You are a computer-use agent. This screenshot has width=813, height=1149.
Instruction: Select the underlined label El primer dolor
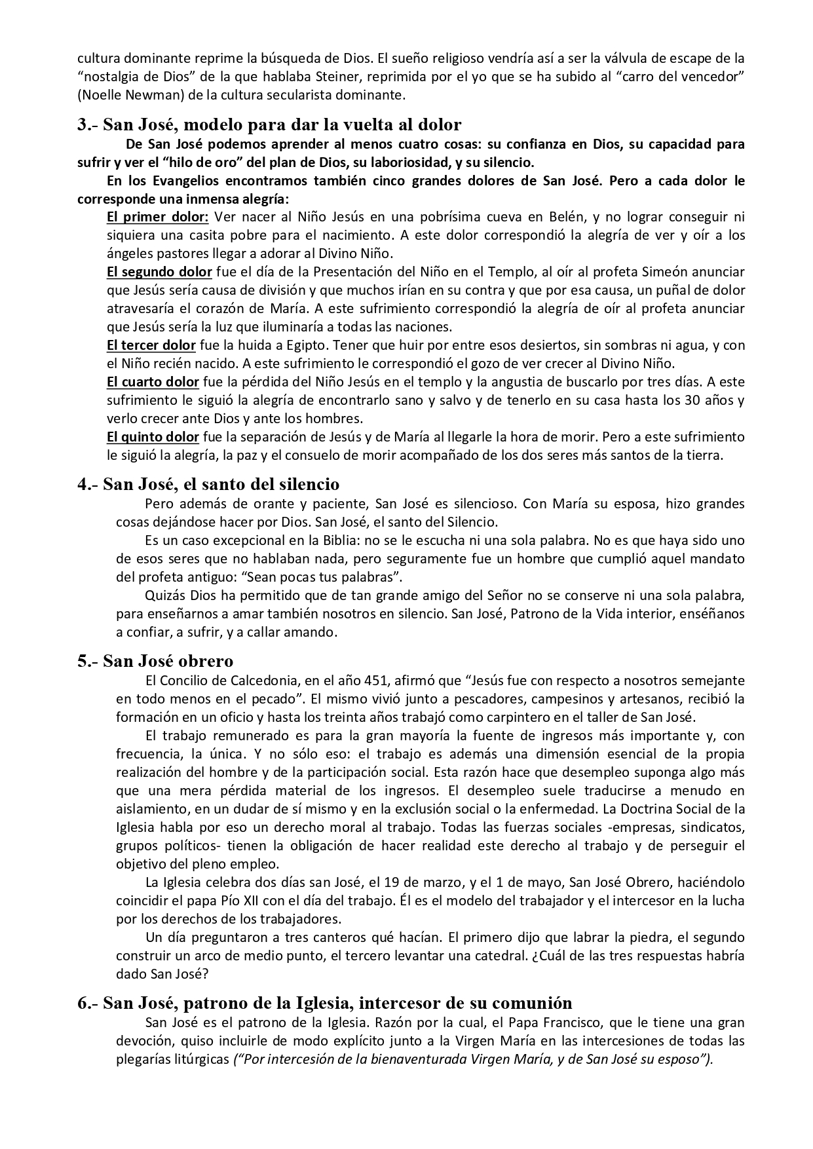click(x=158, y=217)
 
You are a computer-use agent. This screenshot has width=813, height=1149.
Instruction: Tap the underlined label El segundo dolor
click(x=159, y=272)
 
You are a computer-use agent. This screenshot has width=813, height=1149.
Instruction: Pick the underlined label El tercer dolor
click(x=151, y=345)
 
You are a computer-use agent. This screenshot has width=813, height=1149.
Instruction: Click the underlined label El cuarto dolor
click(x=153, y=382)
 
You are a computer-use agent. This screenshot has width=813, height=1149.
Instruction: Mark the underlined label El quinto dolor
click(x=153, y=437)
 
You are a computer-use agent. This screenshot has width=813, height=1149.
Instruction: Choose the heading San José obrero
click(x=155, y=662)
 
